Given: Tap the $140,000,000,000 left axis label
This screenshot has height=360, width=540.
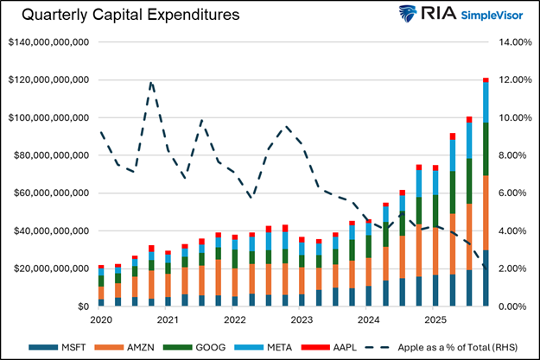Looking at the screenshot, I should click(49, 41).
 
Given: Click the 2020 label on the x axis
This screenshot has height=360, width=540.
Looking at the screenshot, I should click(102, 319).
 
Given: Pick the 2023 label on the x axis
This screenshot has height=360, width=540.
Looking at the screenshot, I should click(302, 319).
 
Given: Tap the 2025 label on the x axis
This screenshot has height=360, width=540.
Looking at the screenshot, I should click(435, 319).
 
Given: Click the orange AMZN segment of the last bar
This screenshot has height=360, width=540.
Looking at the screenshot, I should click(486, 212).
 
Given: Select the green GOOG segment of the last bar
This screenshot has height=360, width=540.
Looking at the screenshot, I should click(486, 148).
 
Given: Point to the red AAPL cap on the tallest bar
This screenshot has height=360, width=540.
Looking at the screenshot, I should click(486, 79).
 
